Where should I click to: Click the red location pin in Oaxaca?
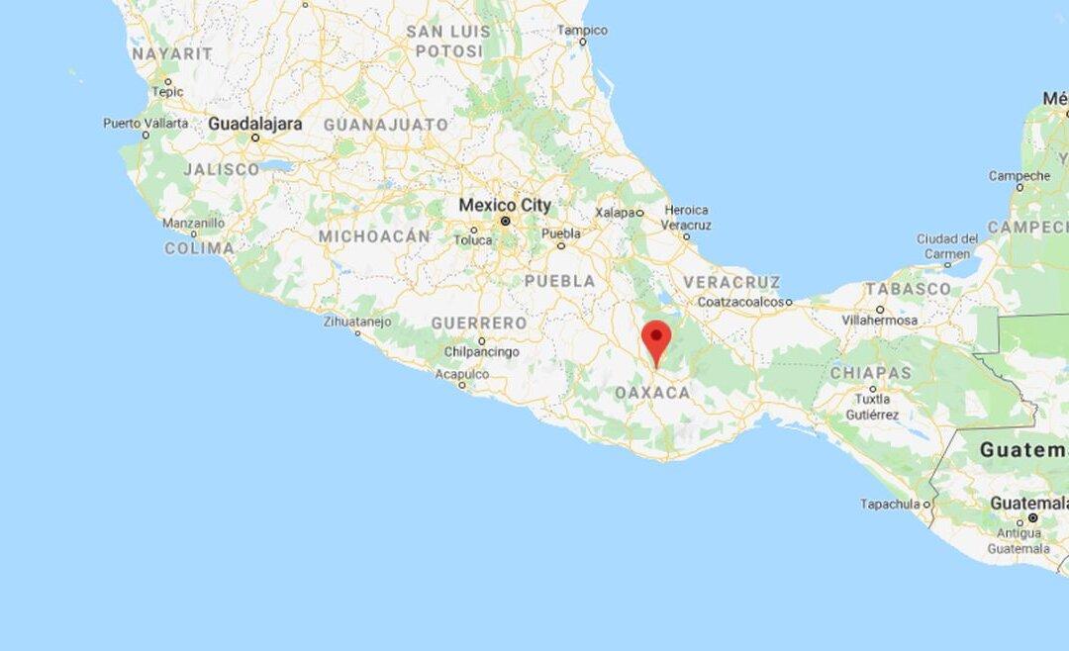point(655,339)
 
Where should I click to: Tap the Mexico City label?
point(504,206)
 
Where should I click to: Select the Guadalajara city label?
point(254,125)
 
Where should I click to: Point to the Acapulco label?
point(462,374)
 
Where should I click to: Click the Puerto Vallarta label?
point(146,124)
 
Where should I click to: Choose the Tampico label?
point(582,31)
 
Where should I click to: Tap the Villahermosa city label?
point(879,321)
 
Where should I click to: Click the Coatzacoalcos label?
point(744,302)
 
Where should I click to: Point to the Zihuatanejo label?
point(357,322)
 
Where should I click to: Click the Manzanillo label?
point(193,224)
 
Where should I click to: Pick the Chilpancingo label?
point(481,352)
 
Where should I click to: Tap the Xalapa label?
point(616,213)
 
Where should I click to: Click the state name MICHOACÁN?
point(374,236)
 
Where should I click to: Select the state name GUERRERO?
point(479,324)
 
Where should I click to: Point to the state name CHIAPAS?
point(870,373)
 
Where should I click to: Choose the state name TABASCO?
point(908,289)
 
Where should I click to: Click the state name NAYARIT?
point(172,53)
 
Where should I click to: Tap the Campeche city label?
point(1019,176)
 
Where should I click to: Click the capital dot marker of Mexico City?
point(505,222)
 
